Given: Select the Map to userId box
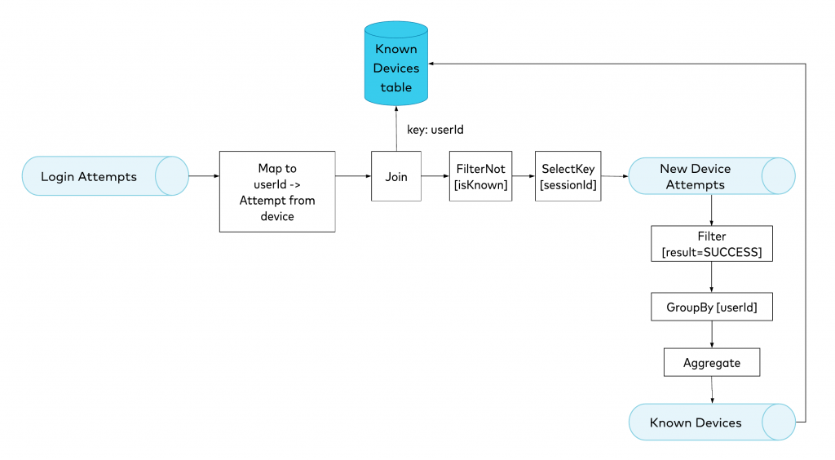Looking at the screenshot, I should point(277,192).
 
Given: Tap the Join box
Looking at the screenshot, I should point(396,176).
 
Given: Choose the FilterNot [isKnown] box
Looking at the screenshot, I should point(481,176).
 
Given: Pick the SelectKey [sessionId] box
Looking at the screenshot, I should point(568,176).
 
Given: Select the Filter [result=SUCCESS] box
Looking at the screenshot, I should point(711,244).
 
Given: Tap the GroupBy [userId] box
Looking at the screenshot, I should point(711,307).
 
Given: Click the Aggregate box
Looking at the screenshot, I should point(711,363).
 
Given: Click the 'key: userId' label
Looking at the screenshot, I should point(435,129).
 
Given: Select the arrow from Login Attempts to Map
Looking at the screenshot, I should point(204,176).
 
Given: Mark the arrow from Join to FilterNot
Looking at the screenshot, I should point(435,176).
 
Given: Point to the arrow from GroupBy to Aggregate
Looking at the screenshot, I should point(712,334).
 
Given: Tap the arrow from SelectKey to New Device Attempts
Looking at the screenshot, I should point(614,176).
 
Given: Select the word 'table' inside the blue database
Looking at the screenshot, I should point(396,87).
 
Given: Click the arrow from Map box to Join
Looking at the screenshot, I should point(353,176).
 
